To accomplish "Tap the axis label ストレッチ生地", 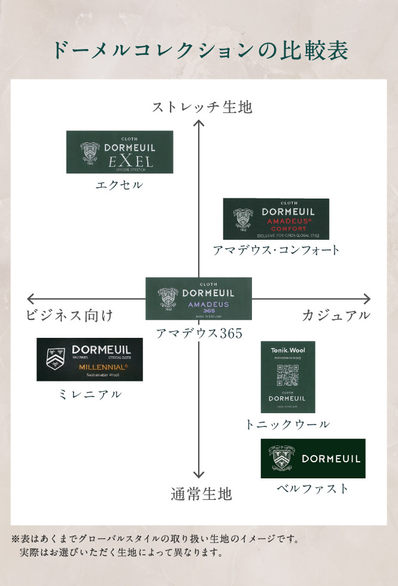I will [202, 108].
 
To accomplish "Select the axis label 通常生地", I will [200, 494].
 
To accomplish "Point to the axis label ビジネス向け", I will [69, 316].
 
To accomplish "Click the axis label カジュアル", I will [336, 316].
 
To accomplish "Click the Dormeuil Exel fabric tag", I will [119, 152].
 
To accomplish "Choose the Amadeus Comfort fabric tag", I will [276, 219].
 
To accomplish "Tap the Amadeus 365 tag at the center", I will [199, 298].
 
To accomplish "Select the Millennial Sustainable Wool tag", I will [90, 359].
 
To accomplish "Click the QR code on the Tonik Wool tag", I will [287, 376].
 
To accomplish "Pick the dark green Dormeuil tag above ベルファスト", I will [312, 459].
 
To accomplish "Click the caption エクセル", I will [119, 185].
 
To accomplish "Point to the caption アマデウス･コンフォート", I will [276, 251].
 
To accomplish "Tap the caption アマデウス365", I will [199, 334].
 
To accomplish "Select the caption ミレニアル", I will [90, 394].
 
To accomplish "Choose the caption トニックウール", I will [287, 425].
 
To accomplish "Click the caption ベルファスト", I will [312, 489].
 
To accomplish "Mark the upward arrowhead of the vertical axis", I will [199, 123].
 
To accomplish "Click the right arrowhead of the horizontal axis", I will [367, 298].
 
